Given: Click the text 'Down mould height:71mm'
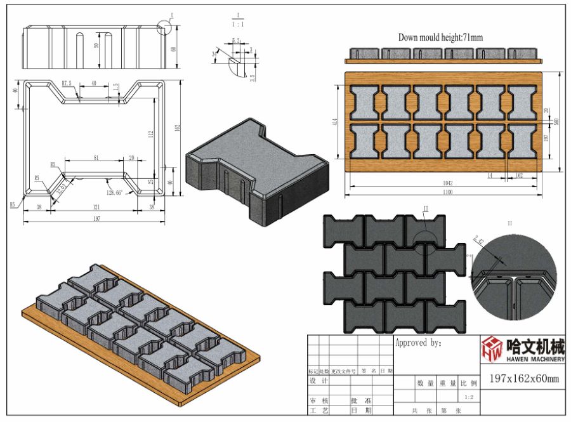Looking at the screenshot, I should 440,37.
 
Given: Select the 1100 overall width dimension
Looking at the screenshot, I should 443,191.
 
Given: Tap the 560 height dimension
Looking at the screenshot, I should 556,121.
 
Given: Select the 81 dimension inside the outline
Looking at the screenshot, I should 96,157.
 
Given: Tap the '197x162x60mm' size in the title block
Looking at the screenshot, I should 524,379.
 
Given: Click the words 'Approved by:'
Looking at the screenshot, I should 419,343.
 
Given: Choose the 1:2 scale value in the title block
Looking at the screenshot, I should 469,397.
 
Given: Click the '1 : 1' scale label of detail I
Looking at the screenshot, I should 237,24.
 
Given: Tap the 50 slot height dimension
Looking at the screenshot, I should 96,46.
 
